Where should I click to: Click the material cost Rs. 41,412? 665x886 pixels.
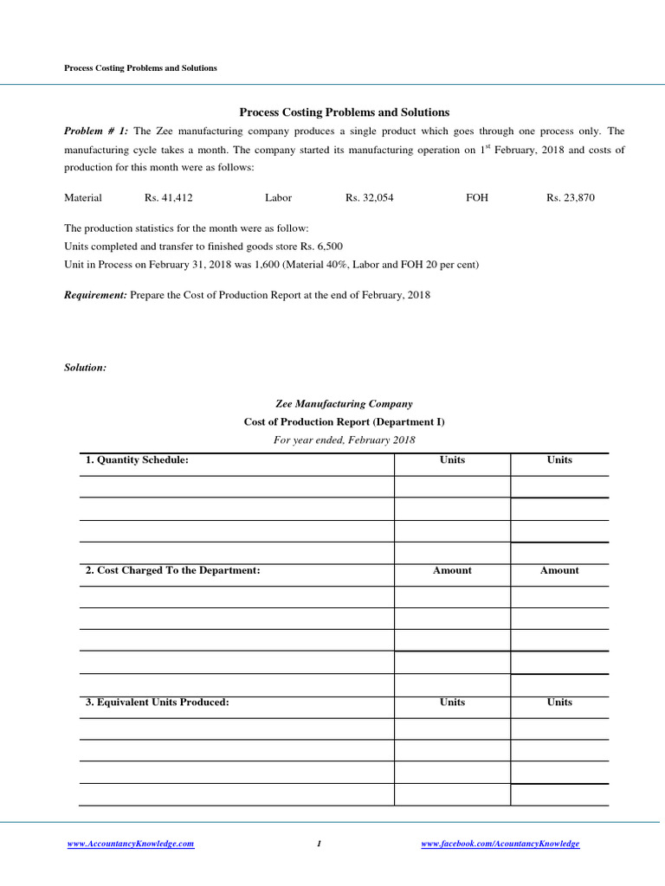tap(169, 198)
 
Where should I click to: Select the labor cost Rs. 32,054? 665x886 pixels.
tap(370, 198)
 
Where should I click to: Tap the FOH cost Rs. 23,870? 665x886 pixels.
tap(571, 198)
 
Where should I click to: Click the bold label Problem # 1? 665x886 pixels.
tap(96, 132)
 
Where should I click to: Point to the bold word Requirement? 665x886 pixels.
tap(95, 295)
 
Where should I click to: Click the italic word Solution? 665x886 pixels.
tap(86, 368)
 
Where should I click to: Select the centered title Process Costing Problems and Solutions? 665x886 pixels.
tap(344, 112)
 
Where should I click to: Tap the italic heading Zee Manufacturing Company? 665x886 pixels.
tap(344, 404)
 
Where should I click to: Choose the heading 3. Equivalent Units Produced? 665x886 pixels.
tap(157, 703)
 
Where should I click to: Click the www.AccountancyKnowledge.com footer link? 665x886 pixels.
tap(131, 844)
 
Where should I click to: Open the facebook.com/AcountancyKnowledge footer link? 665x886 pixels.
tap(500, 844)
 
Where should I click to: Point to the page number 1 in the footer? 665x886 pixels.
tap(320, 844)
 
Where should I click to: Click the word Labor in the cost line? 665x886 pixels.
tap(279, 198)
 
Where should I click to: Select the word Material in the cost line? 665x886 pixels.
tap(83, 198)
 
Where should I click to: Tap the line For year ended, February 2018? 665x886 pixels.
tap(344, 440)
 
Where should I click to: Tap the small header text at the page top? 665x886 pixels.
tap(141, 68)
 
